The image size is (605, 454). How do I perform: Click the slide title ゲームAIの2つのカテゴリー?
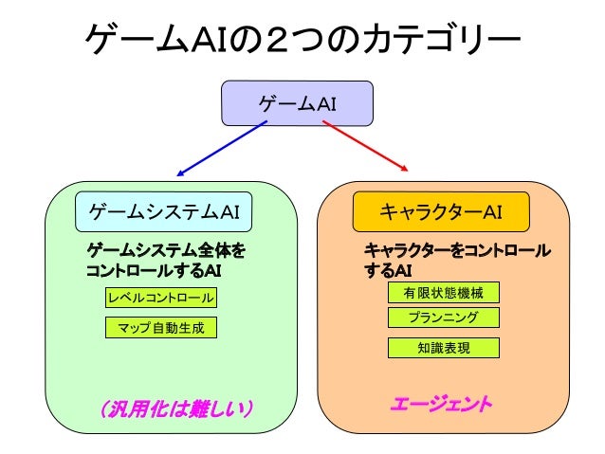coord(302,40)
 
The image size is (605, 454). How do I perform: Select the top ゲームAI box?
coord(297,102)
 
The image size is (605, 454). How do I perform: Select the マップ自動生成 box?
coord(160,328)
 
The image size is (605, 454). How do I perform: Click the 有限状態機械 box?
coord(443,293)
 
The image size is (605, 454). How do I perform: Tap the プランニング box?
coord(443,318)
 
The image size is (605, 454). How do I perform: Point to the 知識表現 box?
coord(443,348)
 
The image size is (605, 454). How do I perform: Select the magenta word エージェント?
coord(442,406)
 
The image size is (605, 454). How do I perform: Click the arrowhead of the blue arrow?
coord(181,173)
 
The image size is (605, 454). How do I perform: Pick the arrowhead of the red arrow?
coord(407,170)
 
